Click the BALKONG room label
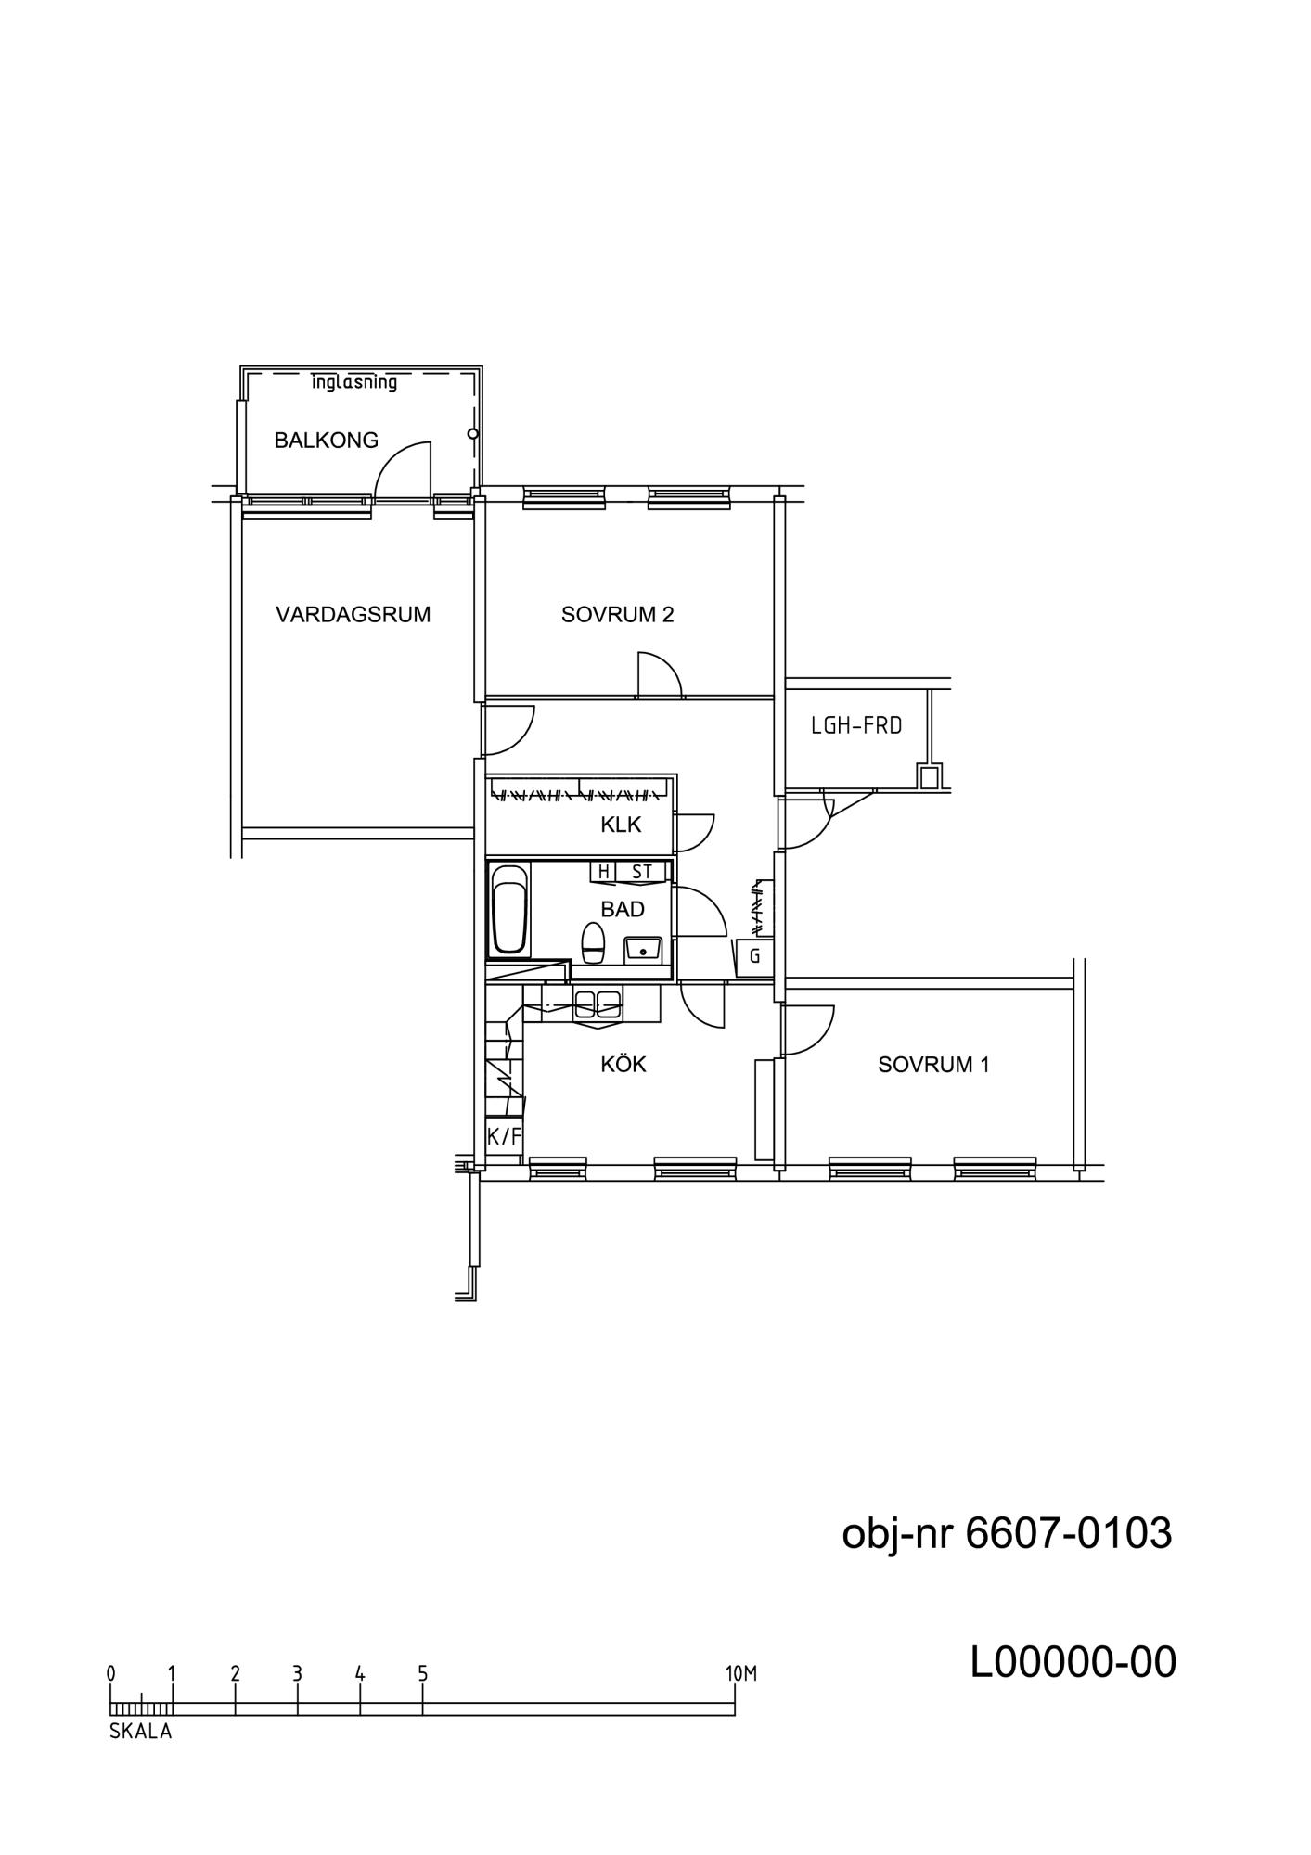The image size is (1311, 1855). pos(326,441)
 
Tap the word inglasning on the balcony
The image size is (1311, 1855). pos(353,382)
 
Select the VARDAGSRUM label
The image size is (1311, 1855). pos(353,614)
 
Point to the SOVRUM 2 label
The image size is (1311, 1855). pos(617,614)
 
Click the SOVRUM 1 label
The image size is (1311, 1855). pos(933,1065)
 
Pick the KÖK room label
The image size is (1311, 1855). pos(623,1064)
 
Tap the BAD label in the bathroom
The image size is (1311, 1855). pos(623,909)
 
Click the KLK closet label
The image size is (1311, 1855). pos(621,825)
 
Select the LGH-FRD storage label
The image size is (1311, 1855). pos(856,725)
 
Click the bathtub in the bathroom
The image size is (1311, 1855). pos(509,909)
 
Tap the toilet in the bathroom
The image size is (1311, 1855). pos(593,943)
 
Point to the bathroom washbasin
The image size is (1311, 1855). pos(642,950)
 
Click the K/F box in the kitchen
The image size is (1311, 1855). pos(505,1136)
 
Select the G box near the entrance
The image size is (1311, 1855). pos(755,956)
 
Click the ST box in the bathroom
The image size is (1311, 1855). pos(642,872)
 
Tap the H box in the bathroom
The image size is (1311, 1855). pos(604,872)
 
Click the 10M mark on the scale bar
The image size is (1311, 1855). pos(741,1674)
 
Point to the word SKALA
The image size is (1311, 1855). pos(141,1731)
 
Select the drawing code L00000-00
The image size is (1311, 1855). pos(1073,1663)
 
